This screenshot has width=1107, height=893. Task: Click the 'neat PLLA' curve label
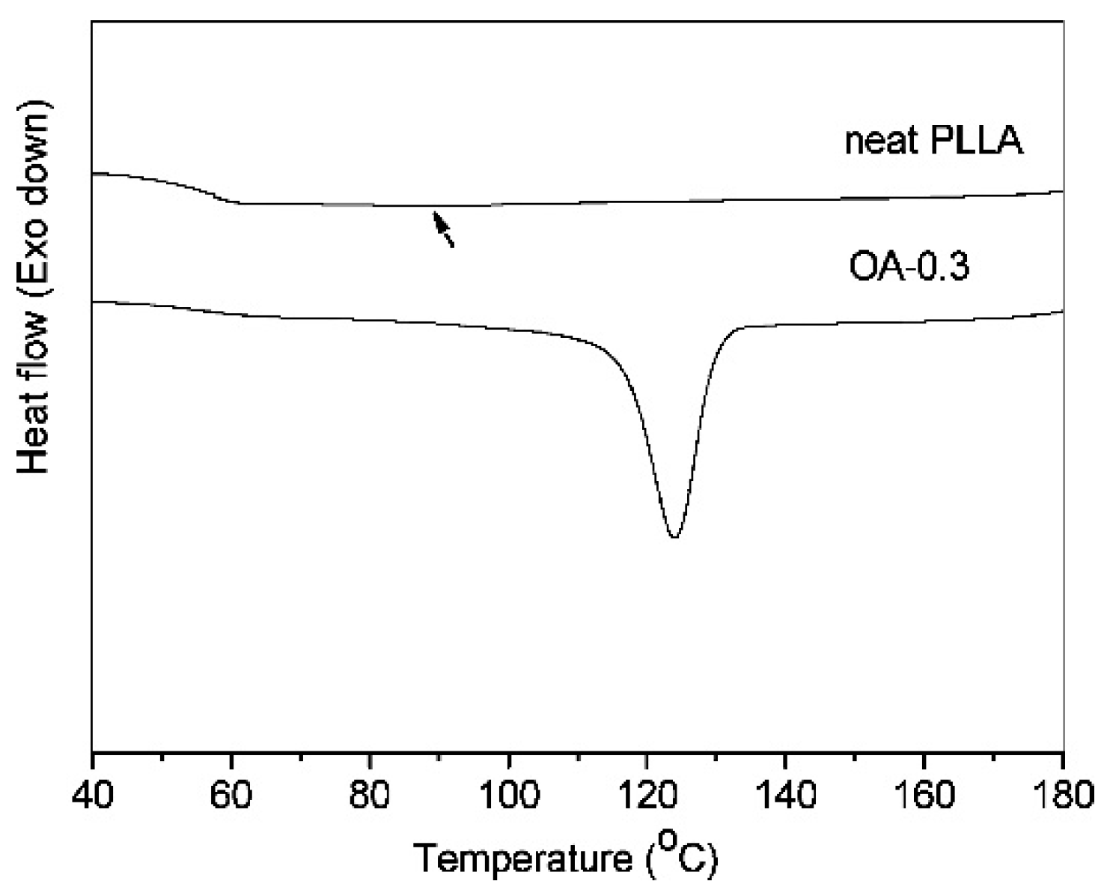[933, 141]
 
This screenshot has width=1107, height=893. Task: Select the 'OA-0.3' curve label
[909, 266]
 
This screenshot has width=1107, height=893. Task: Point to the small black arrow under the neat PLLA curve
[443, 228]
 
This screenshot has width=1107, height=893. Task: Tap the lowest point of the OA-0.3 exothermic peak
[674, 536]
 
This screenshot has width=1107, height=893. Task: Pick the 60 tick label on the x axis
[231, 794]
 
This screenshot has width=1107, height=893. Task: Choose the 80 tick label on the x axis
[369, 794]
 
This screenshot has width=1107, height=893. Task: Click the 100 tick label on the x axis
[508, 794]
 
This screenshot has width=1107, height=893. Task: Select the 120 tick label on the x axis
[647, 794]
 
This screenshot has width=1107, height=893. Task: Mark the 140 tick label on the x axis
[785, 794]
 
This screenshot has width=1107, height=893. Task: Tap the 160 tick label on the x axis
[924, 794]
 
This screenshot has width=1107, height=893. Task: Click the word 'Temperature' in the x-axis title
[522, 858]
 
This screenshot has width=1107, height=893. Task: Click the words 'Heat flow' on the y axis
[34, 390]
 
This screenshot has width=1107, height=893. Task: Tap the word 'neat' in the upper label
[881, 141]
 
